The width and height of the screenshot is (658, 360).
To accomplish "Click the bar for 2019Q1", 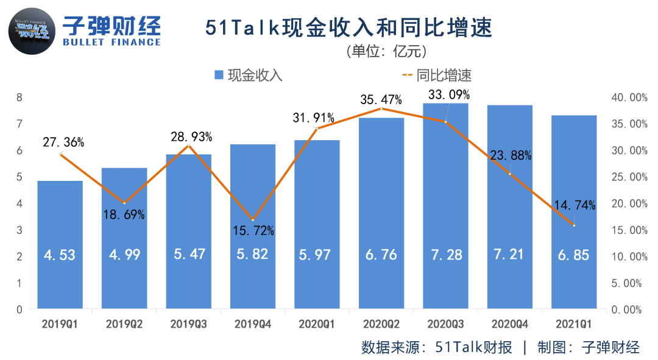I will [60, 244].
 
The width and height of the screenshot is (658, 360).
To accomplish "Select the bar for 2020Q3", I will [445, 207].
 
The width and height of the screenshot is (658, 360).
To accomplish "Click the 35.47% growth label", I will [380, 99].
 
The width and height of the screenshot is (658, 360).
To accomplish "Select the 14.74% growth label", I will [573, 205].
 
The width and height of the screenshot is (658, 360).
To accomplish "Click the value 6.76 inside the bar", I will [381, 255].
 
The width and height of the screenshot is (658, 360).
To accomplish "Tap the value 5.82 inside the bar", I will [252, 255].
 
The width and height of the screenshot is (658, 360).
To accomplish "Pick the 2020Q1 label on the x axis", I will [316, 324].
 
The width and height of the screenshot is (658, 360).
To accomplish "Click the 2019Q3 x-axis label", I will [188, 324].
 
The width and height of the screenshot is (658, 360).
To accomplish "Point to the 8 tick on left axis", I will [19, 97].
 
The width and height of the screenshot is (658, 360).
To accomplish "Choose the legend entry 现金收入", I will [249, 76].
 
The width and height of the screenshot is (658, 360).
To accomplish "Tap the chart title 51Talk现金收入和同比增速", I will [348, 28].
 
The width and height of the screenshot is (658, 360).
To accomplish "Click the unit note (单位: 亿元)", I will [386, 51].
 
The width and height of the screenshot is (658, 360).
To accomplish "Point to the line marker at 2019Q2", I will [124, 203].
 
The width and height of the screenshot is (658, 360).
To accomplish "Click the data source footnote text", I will [500, 347].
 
